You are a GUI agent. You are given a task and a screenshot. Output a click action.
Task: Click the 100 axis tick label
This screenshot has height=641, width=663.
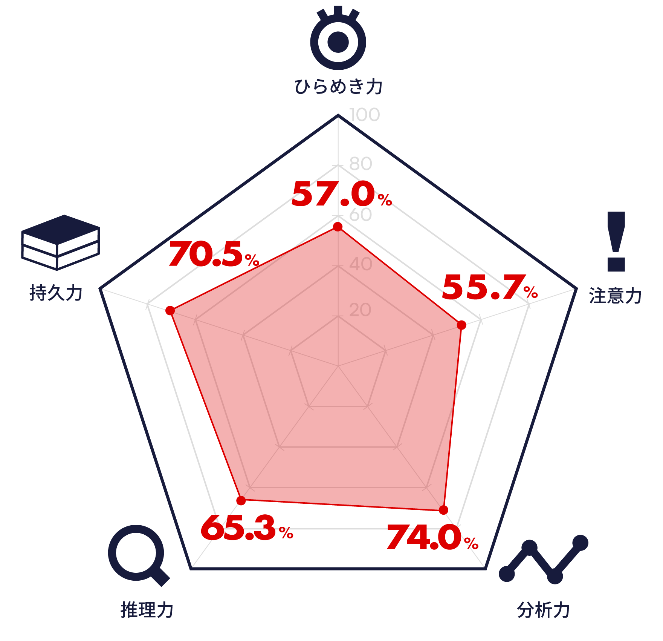(364, 115)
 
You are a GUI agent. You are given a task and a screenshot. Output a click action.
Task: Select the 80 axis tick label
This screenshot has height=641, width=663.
(361, 164)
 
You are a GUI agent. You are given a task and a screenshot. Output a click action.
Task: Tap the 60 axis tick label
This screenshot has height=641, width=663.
(361, 215)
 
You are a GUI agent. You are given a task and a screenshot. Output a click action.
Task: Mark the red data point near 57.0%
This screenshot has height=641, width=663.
(338, 227)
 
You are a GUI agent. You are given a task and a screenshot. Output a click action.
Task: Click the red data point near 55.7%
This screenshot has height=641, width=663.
(461, 325)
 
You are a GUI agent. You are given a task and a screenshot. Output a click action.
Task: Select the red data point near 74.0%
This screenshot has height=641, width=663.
(443, 510)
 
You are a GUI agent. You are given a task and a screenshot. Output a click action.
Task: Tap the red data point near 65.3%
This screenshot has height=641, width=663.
(241, 500)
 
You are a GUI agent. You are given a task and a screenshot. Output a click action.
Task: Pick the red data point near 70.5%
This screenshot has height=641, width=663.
(170, 311)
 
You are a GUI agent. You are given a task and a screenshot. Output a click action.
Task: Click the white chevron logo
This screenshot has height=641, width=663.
(60, 249)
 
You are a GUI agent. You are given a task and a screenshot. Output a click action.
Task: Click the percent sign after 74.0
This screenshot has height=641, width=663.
(471, 543)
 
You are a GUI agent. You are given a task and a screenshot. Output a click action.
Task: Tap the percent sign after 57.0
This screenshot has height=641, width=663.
(385, 199)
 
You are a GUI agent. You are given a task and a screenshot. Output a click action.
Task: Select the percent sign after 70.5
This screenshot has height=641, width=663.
(252, 260)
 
